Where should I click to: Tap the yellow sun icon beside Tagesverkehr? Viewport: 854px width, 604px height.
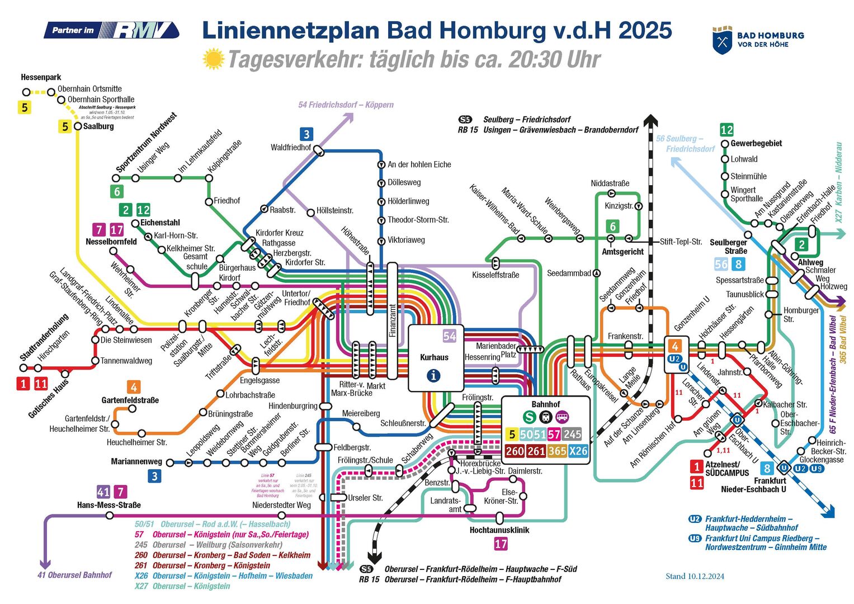(213, 59)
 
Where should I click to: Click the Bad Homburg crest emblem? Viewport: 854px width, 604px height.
(722, 40)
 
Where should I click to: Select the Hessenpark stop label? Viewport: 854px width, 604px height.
(41, 77)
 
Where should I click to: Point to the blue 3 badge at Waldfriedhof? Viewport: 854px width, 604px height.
(306, 134)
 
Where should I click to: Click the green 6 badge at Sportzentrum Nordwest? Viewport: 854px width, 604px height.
(117, 192)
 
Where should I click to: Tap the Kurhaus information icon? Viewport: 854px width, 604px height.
(433, 376)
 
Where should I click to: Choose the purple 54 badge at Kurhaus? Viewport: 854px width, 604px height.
(450, 336)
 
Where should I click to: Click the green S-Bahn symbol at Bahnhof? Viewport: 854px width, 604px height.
(529, 417)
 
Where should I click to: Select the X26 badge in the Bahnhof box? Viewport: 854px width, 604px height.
(578, 451)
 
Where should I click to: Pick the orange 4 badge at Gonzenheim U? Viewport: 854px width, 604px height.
(675, 346)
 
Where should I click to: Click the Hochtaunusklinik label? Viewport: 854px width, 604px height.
(499, 530)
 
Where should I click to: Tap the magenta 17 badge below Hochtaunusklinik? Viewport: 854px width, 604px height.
(501, 543)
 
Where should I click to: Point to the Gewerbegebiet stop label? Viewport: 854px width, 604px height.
(756, 143)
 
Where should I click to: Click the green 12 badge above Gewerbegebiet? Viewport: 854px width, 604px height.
(726, 130)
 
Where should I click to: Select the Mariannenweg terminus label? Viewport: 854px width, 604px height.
(136, 461)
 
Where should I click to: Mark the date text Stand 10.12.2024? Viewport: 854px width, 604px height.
(695, 576)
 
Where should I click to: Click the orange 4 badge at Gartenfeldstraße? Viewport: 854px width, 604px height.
(133, 387)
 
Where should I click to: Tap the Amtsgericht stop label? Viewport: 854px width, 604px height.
(622, 252)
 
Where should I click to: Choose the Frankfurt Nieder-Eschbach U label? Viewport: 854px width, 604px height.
(753, 485)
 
